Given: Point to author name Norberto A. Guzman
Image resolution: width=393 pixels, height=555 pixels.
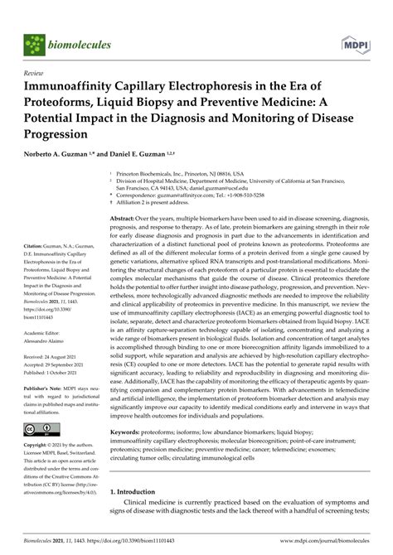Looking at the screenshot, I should pyautogui.click(x=61, y=156).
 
